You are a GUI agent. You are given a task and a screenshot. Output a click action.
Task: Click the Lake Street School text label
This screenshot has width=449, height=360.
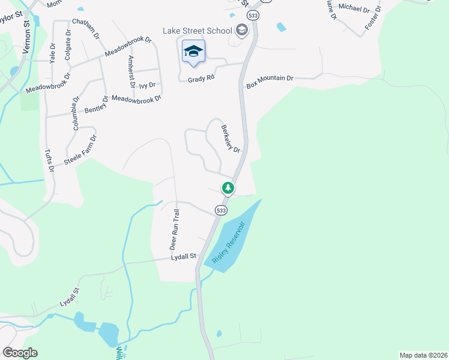click(197, 31)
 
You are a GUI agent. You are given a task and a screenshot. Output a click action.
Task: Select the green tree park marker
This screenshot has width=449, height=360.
click(228, 188)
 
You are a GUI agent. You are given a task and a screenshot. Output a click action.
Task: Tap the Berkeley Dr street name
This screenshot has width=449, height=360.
click(231, 139)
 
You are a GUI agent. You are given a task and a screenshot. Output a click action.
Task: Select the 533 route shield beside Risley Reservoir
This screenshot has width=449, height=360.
click(221, 211)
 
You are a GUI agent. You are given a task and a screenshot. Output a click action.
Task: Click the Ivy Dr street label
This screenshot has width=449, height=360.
click(147, 85)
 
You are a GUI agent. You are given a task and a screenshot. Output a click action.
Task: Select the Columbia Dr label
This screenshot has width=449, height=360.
click(76, 114)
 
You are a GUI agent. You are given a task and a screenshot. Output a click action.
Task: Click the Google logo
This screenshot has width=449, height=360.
click(20, 353)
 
